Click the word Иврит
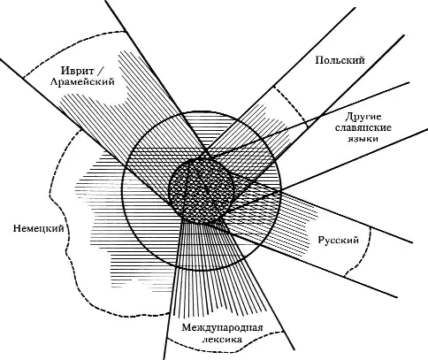pyautogui.click(x=78, y=71)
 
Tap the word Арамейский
pyautogui.click(x=82, y=81)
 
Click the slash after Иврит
pyautogui.click(x=99, y=72)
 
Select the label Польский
pyautogui.click(x=340, y=60)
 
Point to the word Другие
pyautogui.click(x=363, y=117)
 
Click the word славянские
pyautogui.click(x=363, y=127)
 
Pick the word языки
pyautogui.click(x=363, y=138)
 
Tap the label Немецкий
pyautogui.click(x=39, y=228)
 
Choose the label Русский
pyautogui.click(x=339, y=240)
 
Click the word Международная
pyautogui.click(x=222, y=328)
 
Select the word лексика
pyautogui.click(x=222, y=339)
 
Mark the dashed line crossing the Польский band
pyautogui.click(x=291, y=105)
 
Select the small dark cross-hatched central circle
pyautogui.click(x=202, y=191)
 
